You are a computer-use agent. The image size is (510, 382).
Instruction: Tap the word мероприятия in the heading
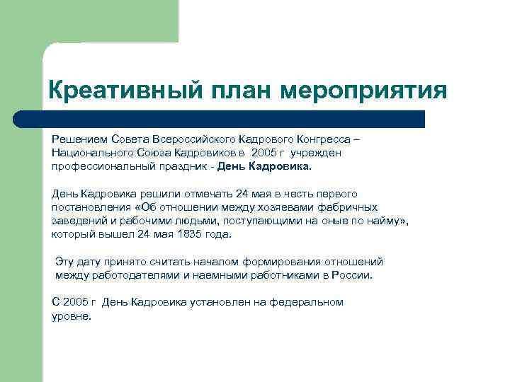coord(364,91)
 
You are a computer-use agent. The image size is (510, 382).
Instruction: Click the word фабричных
coord(349,207)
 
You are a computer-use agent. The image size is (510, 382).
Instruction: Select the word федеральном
coord(305,302)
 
